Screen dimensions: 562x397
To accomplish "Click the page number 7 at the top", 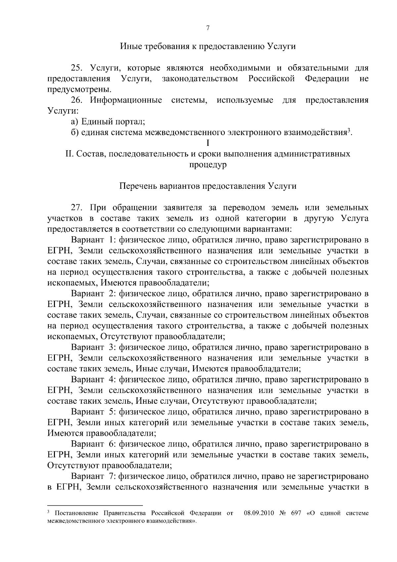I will click(208, 28).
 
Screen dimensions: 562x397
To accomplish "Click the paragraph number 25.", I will click(77, 68).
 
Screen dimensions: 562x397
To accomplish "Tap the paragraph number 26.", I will click(77, 100).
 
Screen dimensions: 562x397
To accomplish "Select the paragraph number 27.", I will click(77, 208).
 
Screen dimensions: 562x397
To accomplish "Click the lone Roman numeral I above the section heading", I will click(208, 143).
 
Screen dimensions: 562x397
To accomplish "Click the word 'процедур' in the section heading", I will click(208, 165).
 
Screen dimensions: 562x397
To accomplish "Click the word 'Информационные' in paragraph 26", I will click(126, 100).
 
